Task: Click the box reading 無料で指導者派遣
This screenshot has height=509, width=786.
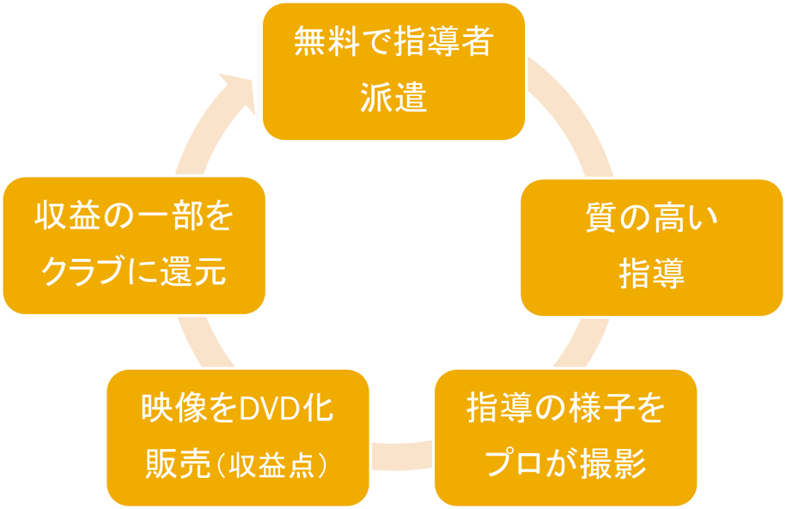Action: point(393,71)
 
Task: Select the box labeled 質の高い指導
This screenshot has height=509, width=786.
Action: point(651,247)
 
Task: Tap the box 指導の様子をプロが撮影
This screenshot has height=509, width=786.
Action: point(564,437)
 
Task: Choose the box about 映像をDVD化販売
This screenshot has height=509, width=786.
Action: point(237,437)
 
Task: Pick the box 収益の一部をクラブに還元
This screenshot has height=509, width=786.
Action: point(134,245)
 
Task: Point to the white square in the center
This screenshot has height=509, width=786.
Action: point(393,270)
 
